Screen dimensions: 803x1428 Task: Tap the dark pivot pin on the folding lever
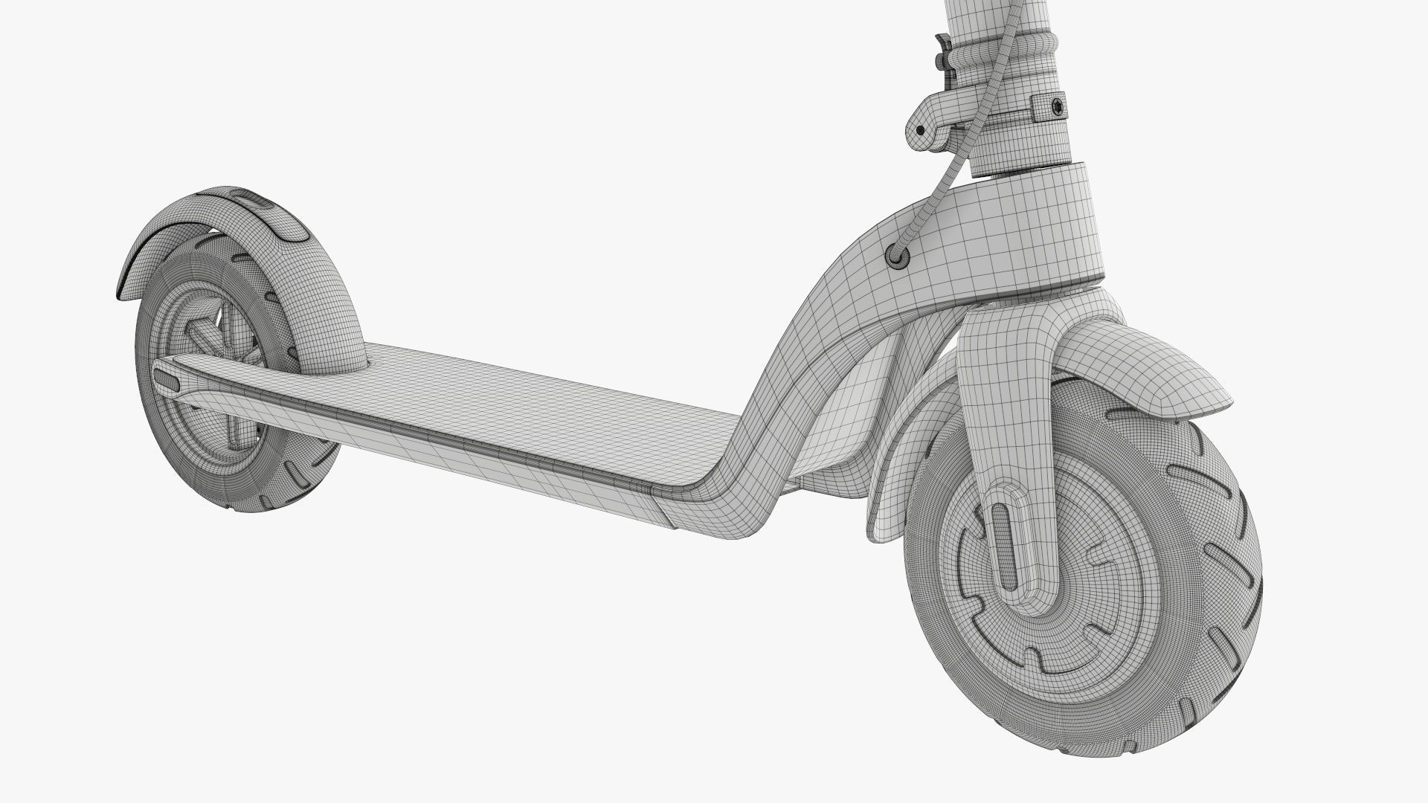[920, 130]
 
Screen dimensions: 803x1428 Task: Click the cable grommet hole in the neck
[898, 256]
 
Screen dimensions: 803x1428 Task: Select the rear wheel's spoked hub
[208, 416]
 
